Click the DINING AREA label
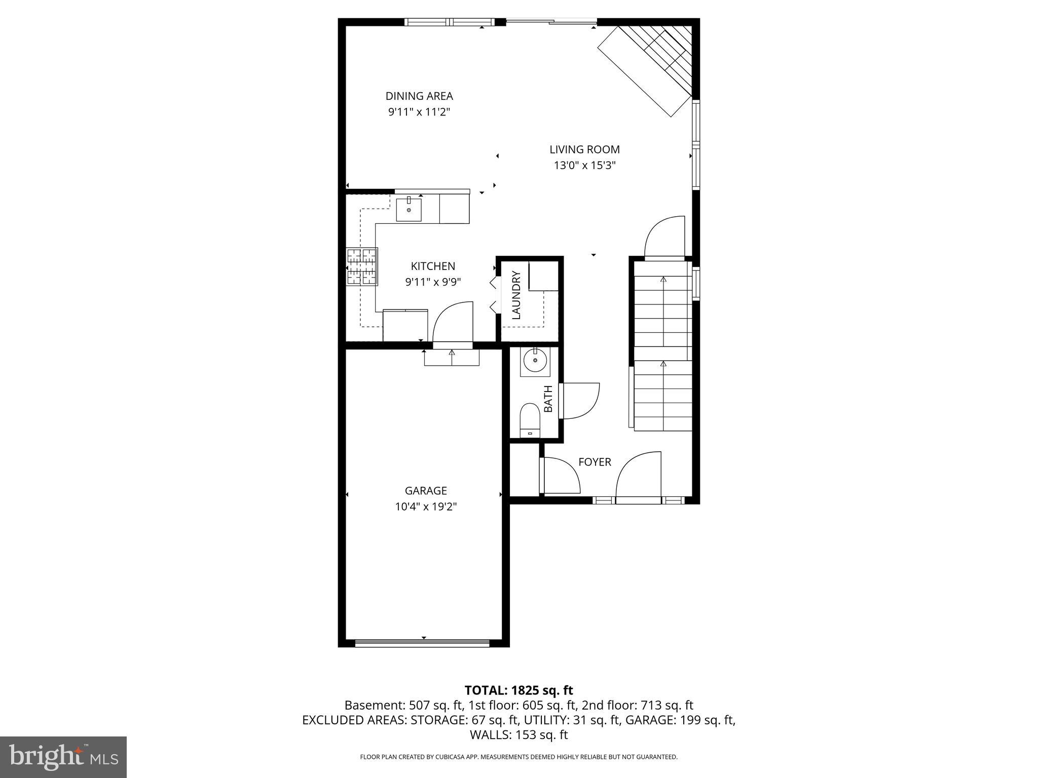click(419, 96)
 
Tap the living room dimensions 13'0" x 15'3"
click(584, 165)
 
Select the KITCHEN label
click(433, 266)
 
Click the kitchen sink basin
click(409, 210)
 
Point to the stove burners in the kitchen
click(362, 267)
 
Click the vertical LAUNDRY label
click(516, 295)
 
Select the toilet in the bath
click(530, 419)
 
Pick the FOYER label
click(595, 462)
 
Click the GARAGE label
click(426, 490)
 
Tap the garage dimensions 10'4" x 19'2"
click(426, 507)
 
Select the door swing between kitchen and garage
click(451, 323)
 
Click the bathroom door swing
click(579, 401)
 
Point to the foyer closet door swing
click(560, 475)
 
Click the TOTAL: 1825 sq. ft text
click(518, 690)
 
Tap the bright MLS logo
click(63, 757)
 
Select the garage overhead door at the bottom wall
click(422, 644)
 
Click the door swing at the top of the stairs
click(664, 238)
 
